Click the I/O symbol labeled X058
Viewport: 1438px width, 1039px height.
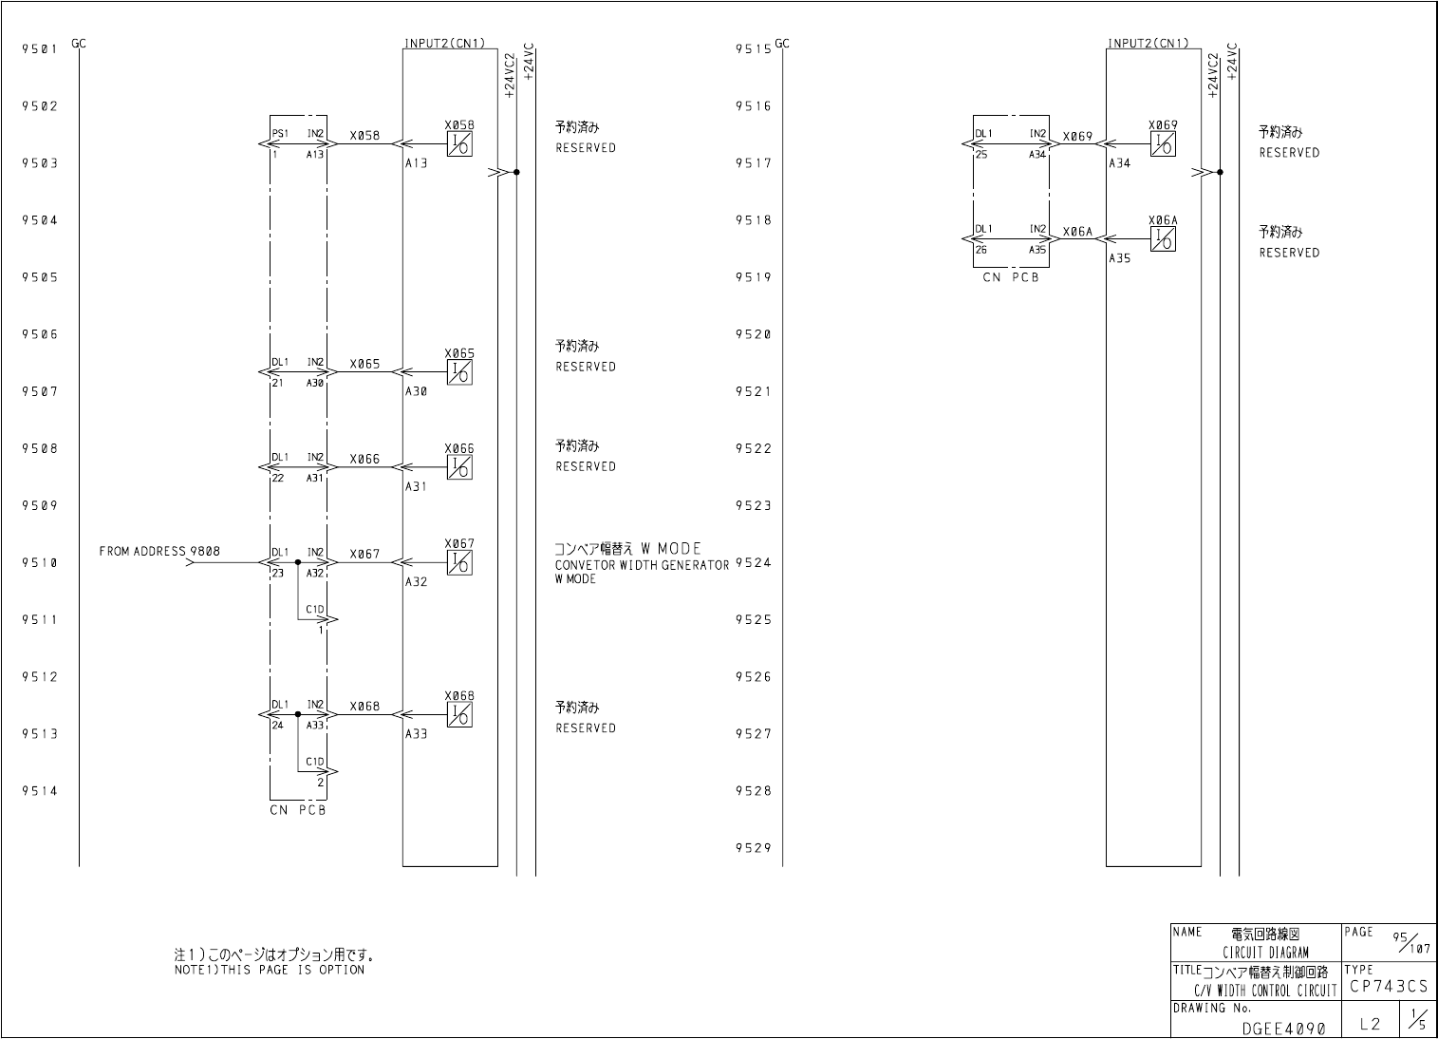(460, 144)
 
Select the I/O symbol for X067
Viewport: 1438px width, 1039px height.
(460, 563)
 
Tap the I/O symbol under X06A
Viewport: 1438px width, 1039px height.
(1163, 240)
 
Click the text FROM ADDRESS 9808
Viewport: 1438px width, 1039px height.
(159, 551)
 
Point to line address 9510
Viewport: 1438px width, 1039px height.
(40, 563)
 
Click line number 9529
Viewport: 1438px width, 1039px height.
(753, 848)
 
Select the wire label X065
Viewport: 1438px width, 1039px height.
(364, 364)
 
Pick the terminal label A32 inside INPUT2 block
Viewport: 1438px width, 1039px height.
(416, 581)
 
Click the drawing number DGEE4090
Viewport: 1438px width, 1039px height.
(1283, 1028)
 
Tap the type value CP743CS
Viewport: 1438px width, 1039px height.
(1387, 988)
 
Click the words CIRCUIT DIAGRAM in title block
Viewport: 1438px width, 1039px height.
(1265, 953)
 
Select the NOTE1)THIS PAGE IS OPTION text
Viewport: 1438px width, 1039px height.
(270, 970)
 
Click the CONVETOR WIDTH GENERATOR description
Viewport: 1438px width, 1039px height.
(642, 565)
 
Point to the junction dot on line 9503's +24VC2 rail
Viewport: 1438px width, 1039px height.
(516, 173)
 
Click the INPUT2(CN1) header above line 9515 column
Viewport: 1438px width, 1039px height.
(1147, 43)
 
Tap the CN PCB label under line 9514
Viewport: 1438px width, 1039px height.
(297, 810)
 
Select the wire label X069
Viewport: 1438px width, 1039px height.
(1078, 136)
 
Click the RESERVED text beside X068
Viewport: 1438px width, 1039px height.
(586, 728)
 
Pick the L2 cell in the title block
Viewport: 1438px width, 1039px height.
(1370, 1024)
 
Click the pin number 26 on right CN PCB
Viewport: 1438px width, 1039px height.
(981, 251)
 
